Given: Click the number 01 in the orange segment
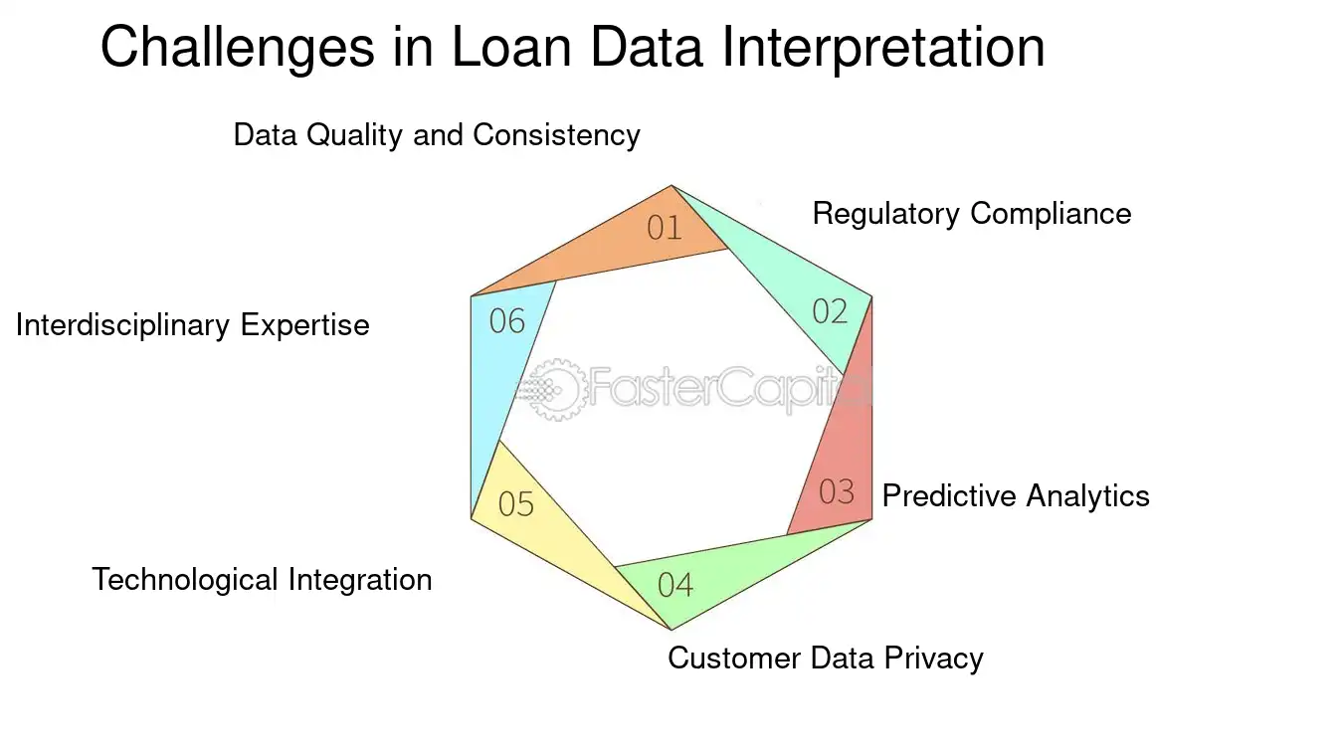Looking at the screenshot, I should coord(665,228).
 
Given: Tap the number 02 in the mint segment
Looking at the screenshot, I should coord(830,311).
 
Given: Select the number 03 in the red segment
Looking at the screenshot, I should coord(837,491).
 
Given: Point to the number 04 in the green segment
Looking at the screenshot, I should coord(675,584).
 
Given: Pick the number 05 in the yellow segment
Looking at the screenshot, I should coord(516,504).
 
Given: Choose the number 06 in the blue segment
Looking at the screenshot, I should coord(507,321).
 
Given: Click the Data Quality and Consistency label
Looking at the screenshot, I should coord(436,135).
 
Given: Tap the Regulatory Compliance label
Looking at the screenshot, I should coord(971,214).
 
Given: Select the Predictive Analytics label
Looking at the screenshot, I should coord(1015,495).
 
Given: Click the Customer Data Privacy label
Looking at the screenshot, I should coord(825,658).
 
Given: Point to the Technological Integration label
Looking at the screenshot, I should coord(262,579).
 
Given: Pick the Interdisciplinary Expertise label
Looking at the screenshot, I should coord(192,325).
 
